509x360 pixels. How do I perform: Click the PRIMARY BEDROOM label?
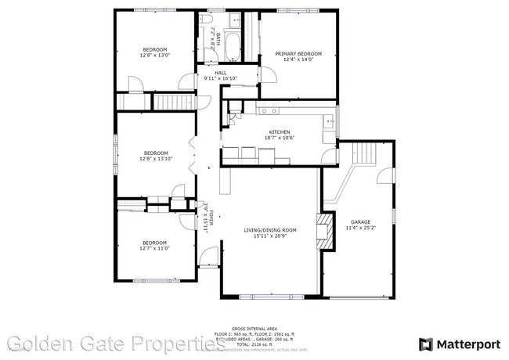click(299, 54)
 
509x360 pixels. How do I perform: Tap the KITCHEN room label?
click(280, 132)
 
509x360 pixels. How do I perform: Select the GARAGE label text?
click(360, 222)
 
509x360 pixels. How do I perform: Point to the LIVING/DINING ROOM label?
click(270, 229)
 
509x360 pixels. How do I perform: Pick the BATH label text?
click(218, 38)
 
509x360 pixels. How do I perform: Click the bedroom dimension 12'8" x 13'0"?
click(154, 56)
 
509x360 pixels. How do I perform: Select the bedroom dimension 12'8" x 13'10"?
click(155, 159)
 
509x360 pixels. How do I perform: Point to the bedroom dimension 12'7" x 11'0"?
click(154, 248)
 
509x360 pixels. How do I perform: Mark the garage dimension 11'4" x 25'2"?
click(360, 229)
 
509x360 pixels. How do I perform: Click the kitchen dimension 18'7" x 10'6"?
click(280, 139)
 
